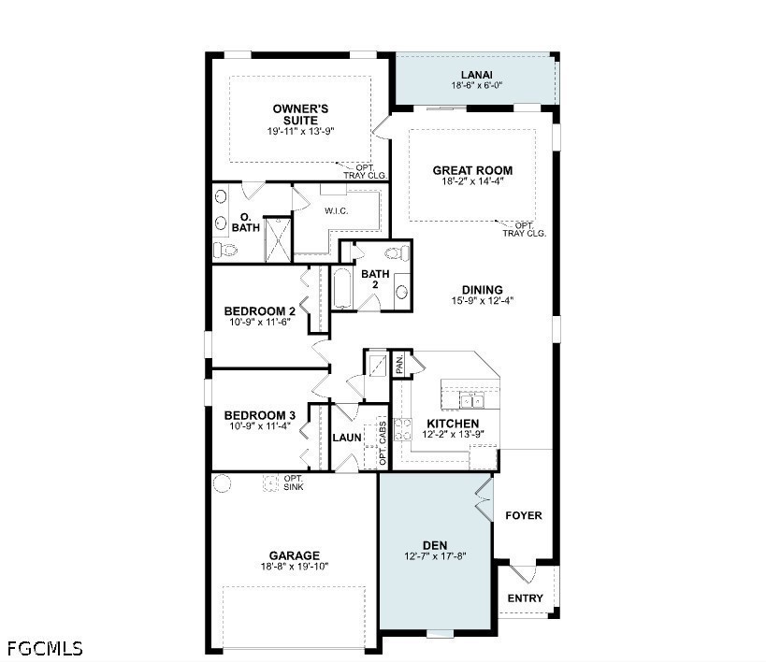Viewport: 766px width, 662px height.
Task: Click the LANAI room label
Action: tap(477, 75)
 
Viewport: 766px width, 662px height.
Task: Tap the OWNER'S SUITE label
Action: tap(300, 114)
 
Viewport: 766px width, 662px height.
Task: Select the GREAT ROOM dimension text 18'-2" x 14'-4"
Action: tap(472, 180)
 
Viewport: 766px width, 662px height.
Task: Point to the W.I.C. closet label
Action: tap(336, 211)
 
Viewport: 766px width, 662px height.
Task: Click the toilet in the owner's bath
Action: tap(224, 251)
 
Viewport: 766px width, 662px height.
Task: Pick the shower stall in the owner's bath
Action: tap(278, 240)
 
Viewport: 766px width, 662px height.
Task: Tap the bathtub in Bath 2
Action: tap(342, 288)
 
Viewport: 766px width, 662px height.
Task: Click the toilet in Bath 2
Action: tap(397, 253)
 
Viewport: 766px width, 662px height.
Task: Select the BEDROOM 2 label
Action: tap(259, 311)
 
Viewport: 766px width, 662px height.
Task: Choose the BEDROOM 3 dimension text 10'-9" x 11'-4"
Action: tap(260, 425)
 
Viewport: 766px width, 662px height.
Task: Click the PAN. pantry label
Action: tap(399, 365)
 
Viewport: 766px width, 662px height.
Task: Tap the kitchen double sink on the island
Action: tap(471, 401)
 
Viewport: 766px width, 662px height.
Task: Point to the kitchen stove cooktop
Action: tap(403, 429)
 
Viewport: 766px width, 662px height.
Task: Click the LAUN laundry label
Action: tap(347, 438)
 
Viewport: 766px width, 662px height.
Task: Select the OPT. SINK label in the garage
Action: tap(294, 482)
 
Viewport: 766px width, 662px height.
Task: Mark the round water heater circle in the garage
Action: tap(222, 483)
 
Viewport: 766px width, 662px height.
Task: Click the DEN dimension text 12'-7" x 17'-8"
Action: tap(435, 555)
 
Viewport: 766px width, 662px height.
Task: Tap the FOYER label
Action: tap(524, 515)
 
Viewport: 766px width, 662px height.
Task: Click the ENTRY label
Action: tap(525, 598)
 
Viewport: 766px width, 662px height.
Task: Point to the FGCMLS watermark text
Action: tap(45, 648)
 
